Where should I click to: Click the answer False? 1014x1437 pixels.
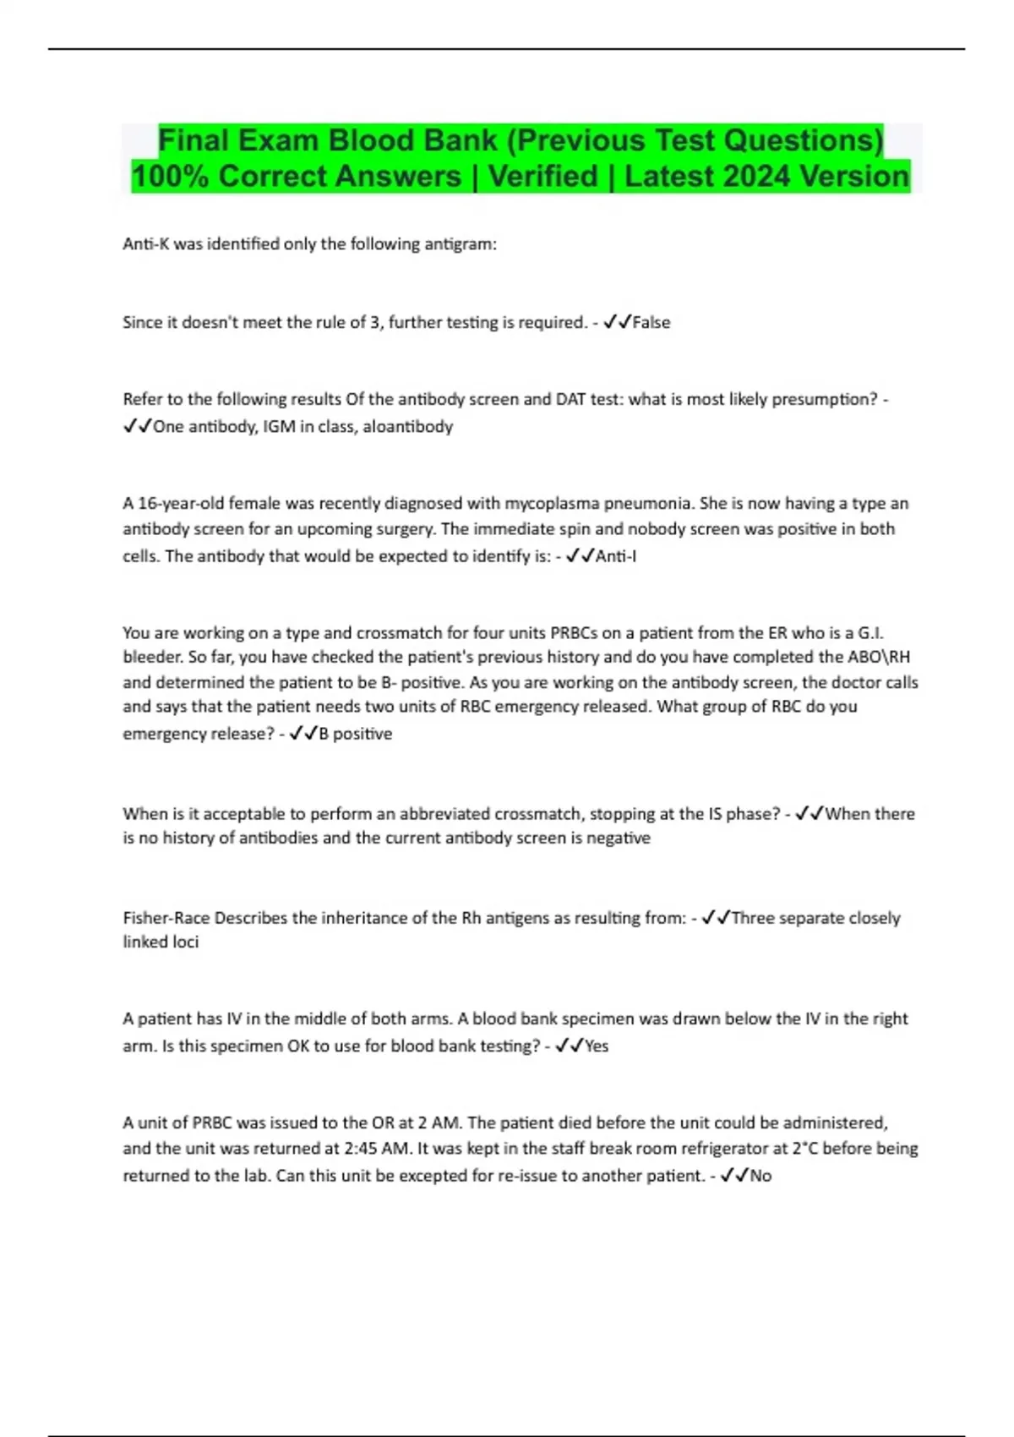651,322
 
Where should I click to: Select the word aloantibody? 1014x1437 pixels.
408,427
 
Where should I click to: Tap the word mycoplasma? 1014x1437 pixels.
552,504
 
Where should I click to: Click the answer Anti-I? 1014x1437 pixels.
616,556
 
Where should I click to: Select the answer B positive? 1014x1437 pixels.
355,734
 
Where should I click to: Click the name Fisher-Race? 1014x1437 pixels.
166,918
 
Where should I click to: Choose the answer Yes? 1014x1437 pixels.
597,1046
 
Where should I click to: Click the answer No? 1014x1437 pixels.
760,1176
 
